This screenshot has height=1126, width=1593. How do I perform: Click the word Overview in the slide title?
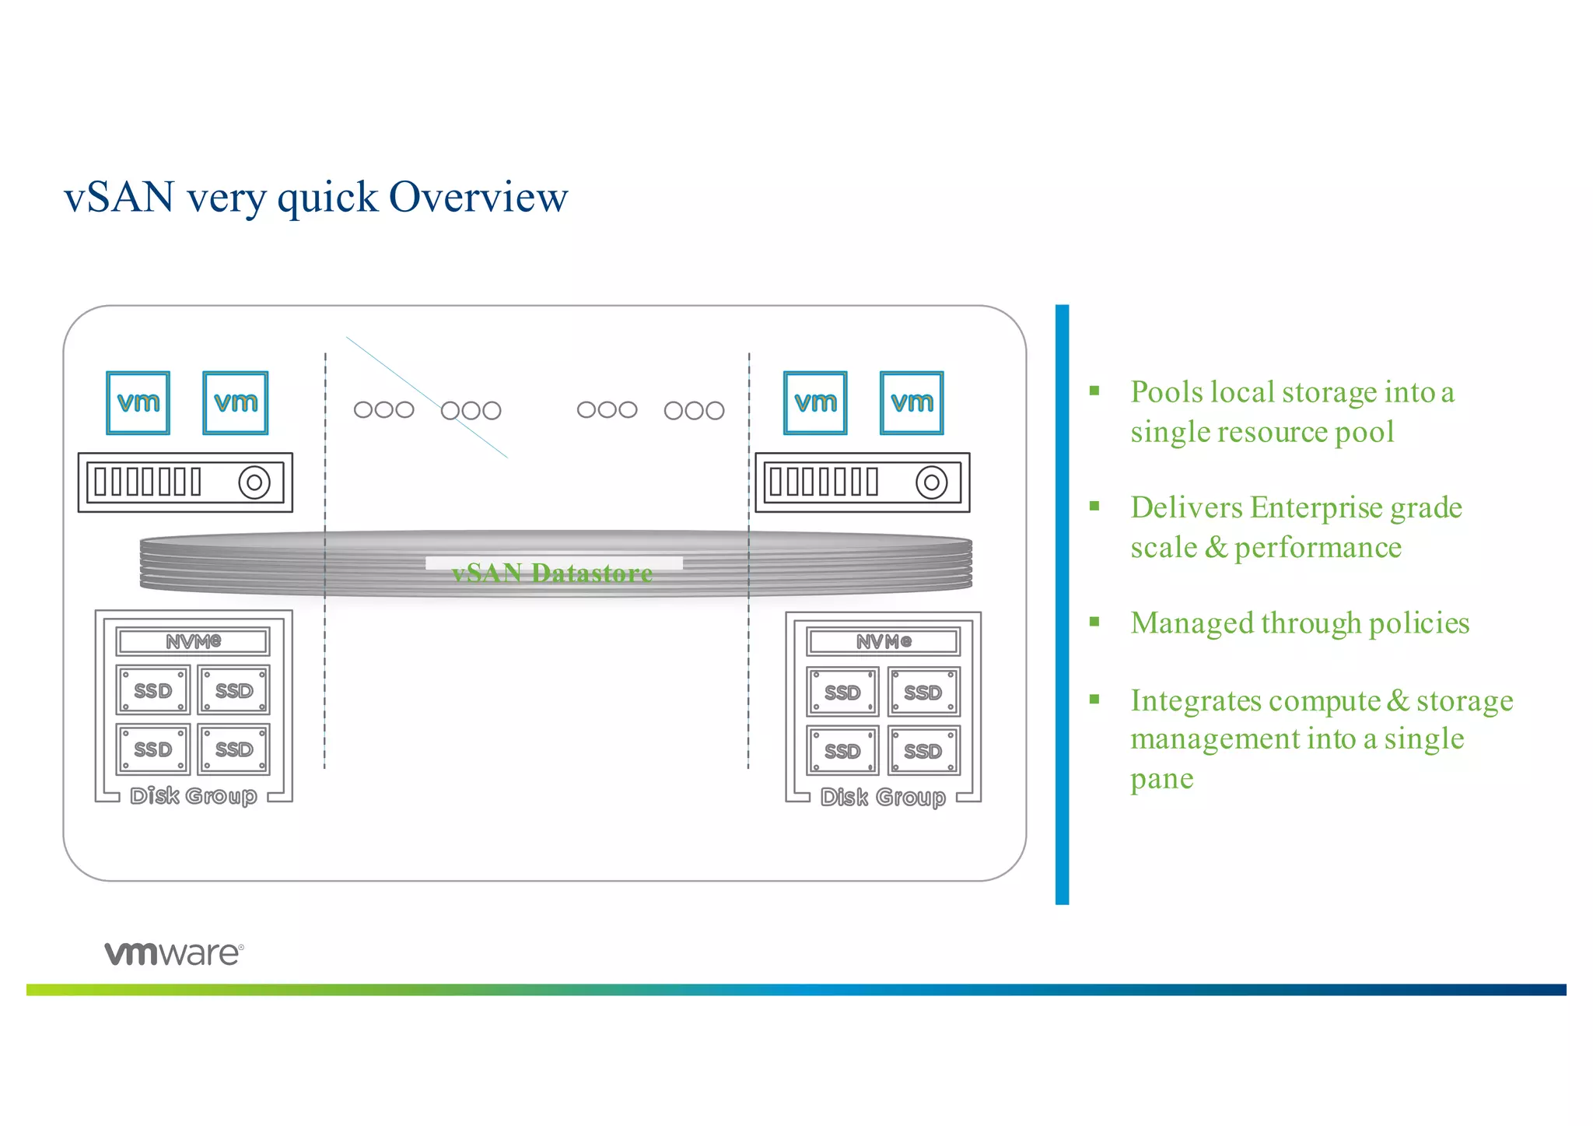point(478,197)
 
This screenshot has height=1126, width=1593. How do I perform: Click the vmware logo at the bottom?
point(174,953)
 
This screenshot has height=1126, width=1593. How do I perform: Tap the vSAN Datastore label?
point(552,574)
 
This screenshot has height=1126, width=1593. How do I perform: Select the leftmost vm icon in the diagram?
point(138,402)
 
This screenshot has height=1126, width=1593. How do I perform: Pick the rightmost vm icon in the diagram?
point(912,403)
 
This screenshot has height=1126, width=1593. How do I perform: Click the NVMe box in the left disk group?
point(193,641)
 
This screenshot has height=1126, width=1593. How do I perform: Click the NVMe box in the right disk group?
point(884,642)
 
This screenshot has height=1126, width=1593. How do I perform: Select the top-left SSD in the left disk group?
point(152,690)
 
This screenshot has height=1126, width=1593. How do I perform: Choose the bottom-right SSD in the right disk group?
point(923,751)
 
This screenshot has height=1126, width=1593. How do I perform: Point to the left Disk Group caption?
point(193,796)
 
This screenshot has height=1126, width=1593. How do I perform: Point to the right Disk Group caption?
point(883,798)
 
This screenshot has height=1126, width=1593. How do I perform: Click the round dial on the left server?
point(254,482)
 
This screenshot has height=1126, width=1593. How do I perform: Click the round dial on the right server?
point(931,482)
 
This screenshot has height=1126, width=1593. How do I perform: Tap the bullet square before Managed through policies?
point(1094,622)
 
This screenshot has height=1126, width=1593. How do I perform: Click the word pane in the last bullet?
point(1161,778)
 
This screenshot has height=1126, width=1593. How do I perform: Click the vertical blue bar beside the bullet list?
point(1062,604)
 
